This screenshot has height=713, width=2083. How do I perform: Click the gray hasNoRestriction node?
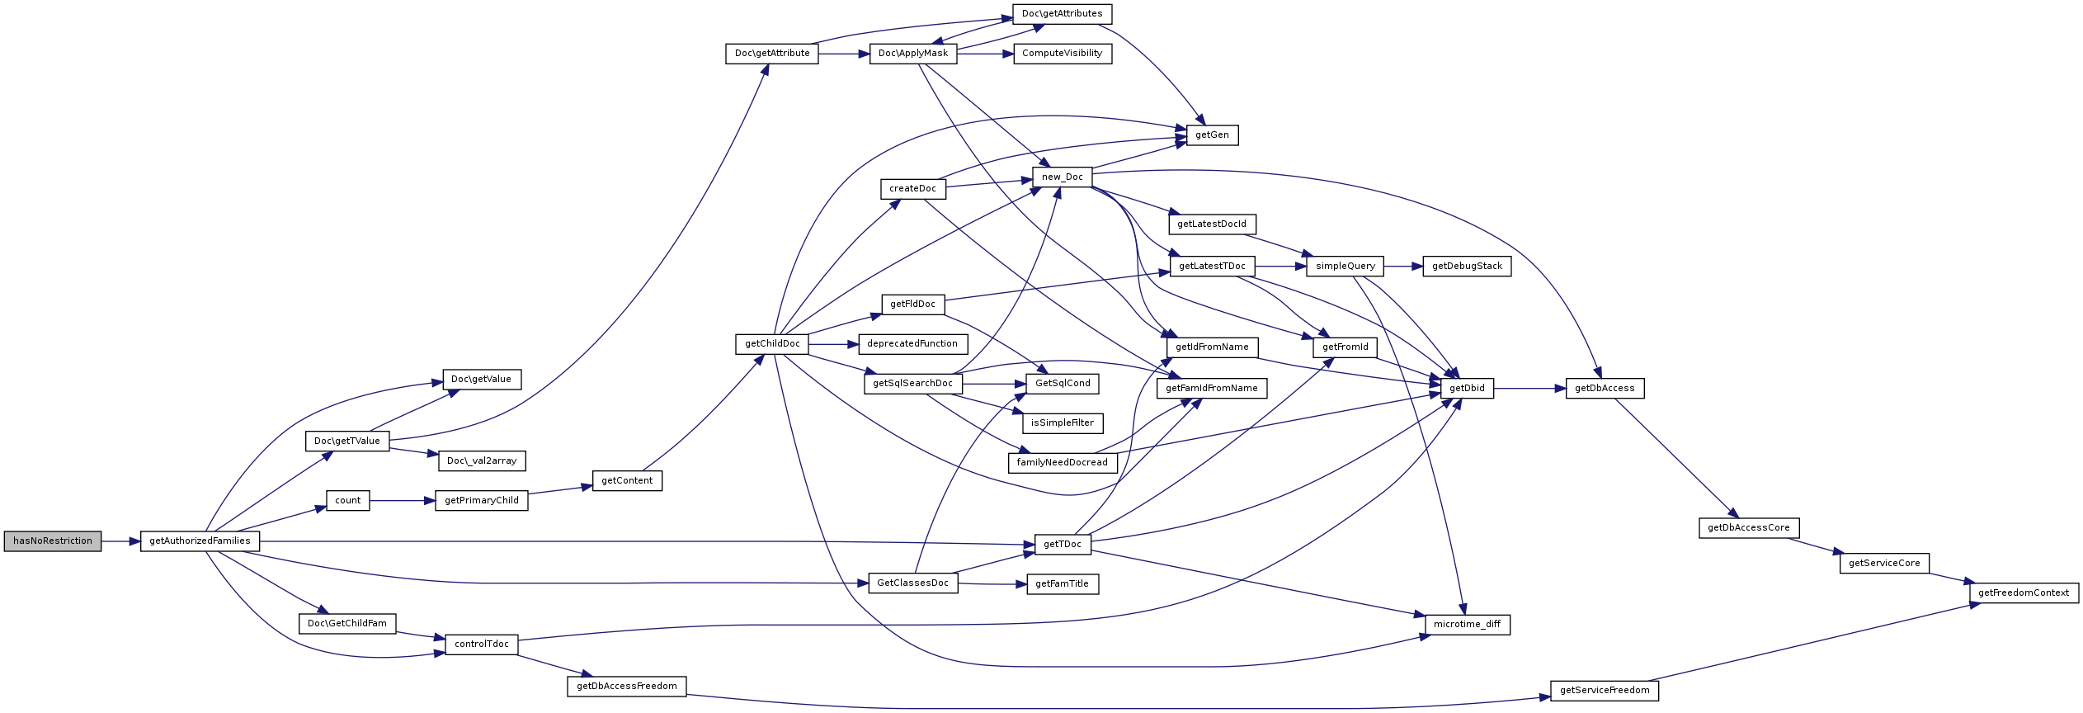click(x=53, y=541)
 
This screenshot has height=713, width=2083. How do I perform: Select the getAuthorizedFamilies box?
click(x=200, y=541)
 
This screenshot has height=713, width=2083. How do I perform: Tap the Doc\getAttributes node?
click(x=1063, y=14)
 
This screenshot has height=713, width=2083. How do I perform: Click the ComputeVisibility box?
click(x=1063, y=54)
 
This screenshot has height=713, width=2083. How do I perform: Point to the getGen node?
click(x=1213, y=135)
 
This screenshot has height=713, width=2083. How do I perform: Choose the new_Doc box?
click(x=1063, y=177)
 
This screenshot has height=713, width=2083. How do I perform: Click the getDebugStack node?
click(x=1468, y=267)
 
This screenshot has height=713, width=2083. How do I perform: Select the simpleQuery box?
click(x=1345, y=267)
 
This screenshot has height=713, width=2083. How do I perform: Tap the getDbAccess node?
click(x=1605, y=389)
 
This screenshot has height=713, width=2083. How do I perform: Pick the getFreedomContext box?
click(x=2024, y=593)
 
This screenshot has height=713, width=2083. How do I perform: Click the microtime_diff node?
click(x=1468, y=625)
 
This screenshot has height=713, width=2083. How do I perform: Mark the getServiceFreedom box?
click(x=1605, y=691)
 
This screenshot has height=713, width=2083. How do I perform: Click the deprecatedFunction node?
click(x=912, y=344)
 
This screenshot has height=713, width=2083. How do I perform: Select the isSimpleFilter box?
click(x=1063, y=423)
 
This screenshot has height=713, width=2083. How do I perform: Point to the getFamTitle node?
click(x=1063, y=584)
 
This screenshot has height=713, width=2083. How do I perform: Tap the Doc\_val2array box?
click(x=482, y=461)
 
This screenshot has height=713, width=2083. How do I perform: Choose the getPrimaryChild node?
click(x=482, y=501)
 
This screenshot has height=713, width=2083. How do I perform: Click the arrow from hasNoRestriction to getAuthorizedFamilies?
click(x=120, y=541)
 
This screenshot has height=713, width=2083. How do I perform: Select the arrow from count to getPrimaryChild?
click(x=403, y=501)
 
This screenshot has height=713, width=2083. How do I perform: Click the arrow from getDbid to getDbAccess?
click(x=1529, y=389)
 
